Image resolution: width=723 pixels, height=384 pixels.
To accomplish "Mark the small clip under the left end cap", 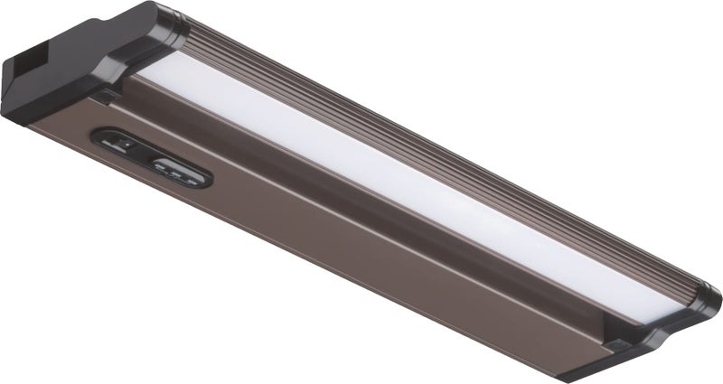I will pyautogui.click(x=107, y=93).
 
